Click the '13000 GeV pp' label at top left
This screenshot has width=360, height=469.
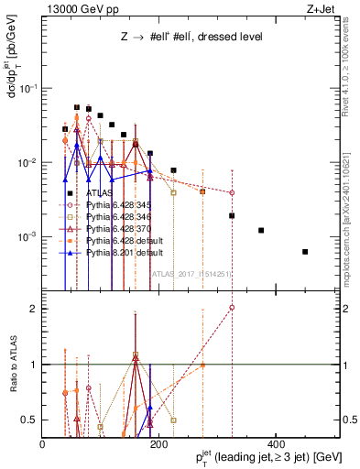tap(76, 8)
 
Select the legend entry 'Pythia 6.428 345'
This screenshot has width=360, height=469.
tap(119, 204)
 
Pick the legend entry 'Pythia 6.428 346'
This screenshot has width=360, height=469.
tap(119, 215)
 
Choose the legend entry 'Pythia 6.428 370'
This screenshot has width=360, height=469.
tap(119, 226)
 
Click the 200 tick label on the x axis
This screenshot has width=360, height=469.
tap(159, 444)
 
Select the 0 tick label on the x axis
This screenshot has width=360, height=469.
tap(43, 444)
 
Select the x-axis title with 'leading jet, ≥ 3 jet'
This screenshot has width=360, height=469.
tap(260, 457)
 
